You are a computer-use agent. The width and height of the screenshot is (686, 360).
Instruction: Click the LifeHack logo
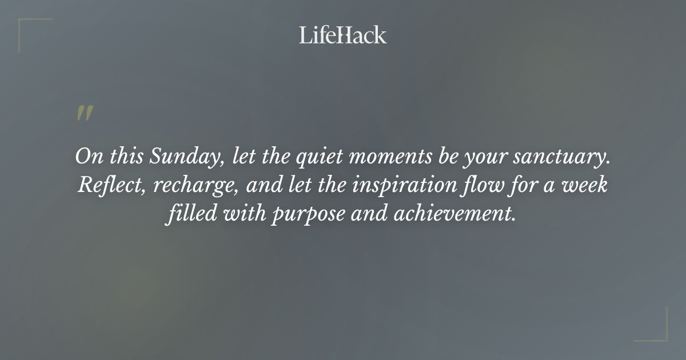343,35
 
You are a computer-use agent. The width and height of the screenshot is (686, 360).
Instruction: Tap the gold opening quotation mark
84,114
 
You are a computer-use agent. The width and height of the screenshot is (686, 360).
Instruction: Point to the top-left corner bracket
29,27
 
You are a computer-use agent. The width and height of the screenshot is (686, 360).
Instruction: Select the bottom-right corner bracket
657,331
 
